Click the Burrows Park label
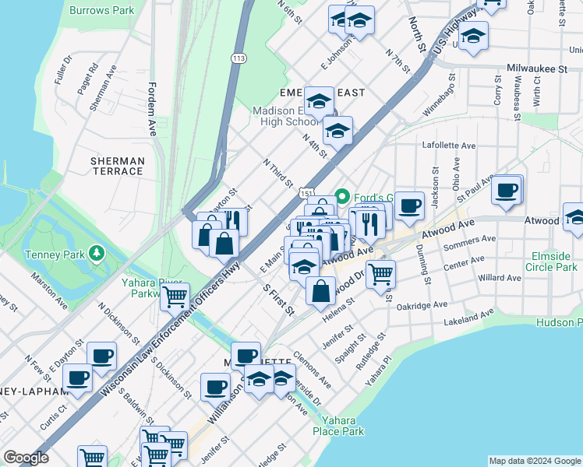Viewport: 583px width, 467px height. click(101, 11)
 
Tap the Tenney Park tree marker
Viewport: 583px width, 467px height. click(97, 253)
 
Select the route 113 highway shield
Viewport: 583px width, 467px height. click(239, 58)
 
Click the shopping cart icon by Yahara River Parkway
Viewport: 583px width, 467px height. click(175, 296)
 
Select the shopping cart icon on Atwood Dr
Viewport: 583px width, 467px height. click(380, 273)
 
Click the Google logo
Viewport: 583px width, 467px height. click(26, 458)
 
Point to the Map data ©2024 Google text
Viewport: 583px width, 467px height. click(534, 461)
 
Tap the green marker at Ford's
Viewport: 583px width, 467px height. click(341, 195)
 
